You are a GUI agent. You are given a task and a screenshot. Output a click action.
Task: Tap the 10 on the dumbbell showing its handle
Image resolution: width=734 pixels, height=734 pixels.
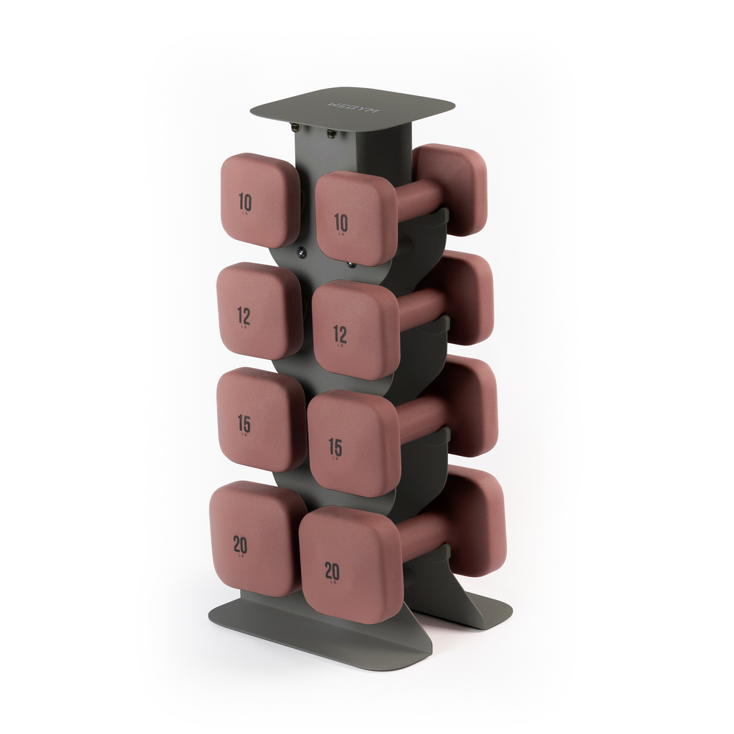341,223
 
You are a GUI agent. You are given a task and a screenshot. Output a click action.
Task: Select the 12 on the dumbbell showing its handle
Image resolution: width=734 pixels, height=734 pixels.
340,333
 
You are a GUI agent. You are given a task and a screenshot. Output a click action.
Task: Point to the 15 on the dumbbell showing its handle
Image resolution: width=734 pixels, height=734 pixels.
335,447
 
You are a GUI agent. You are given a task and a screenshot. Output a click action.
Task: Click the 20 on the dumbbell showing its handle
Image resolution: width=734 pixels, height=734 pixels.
332,571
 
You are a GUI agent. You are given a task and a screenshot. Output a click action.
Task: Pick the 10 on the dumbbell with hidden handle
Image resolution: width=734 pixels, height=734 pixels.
245,202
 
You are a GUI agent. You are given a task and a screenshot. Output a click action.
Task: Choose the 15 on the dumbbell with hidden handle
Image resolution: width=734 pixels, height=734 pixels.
244,424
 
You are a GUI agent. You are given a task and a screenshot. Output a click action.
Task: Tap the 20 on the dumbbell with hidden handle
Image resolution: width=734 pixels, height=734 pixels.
240,545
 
